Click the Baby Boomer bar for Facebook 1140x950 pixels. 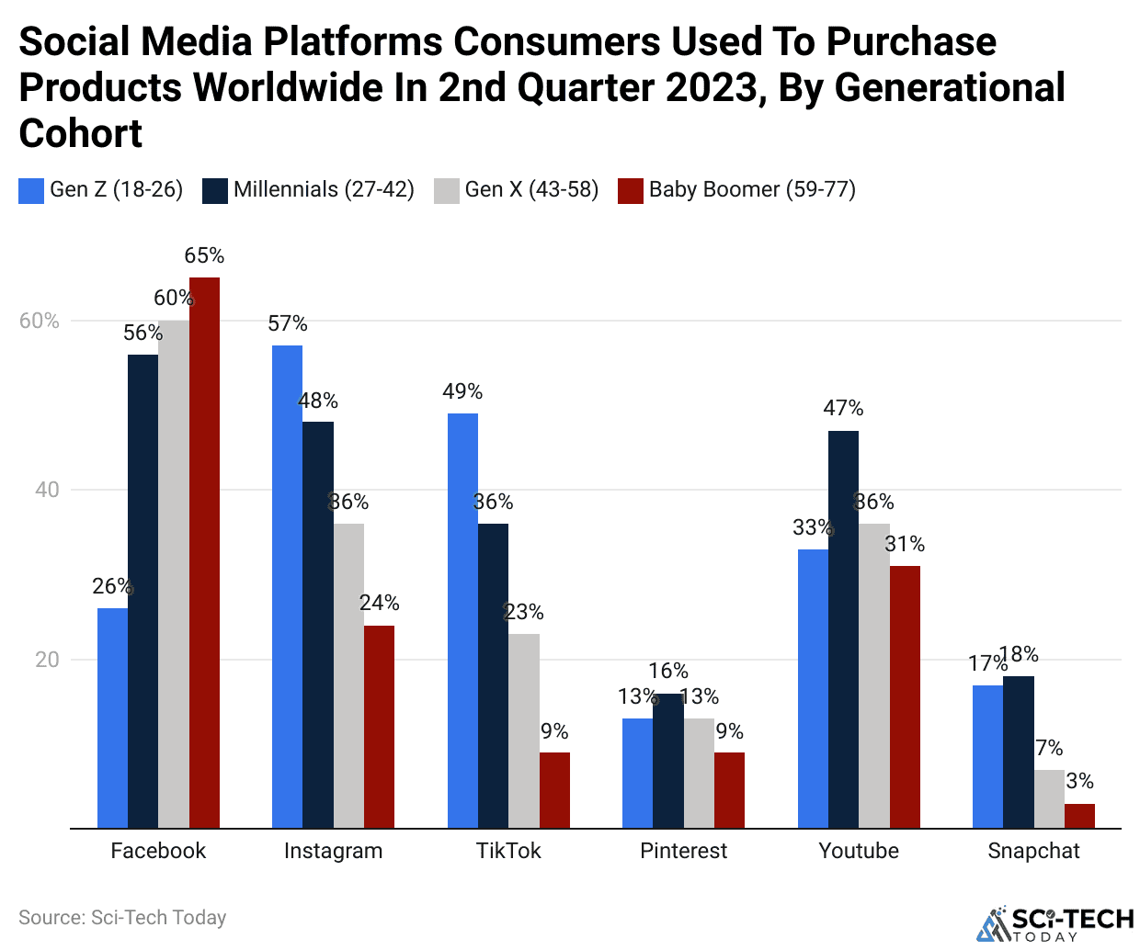(x=204, y=551)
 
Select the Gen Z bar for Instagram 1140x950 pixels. (x=287, y=588)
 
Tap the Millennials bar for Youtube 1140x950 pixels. (x=843, y=629)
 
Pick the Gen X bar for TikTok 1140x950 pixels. (x=524, y=730)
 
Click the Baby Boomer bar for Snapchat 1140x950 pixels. (x=1079, y=816)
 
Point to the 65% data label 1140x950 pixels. (x=204, y=255)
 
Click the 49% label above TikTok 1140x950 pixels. (x=462, y=391)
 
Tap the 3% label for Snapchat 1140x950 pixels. (x=1079, y=781)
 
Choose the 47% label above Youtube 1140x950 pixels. (x=843, y=408)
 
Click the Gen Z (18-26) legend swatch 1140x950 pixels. (x=31, y=191)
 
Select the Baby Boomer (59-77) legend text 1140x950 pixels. (x=752, y=189)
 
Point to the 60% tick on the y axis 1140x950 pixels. (x=39, y=321)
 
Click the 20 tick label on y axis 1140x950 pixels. (x=47, y=660)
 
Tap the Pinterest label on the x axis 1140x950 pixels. (x=683, y=851)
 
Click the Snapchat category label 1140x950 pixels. (x=1033, y=851)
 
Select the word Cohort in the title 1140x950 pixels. (x=81, y=134)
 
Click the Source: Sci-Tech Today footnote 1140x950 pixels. (x=122, y=917)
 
